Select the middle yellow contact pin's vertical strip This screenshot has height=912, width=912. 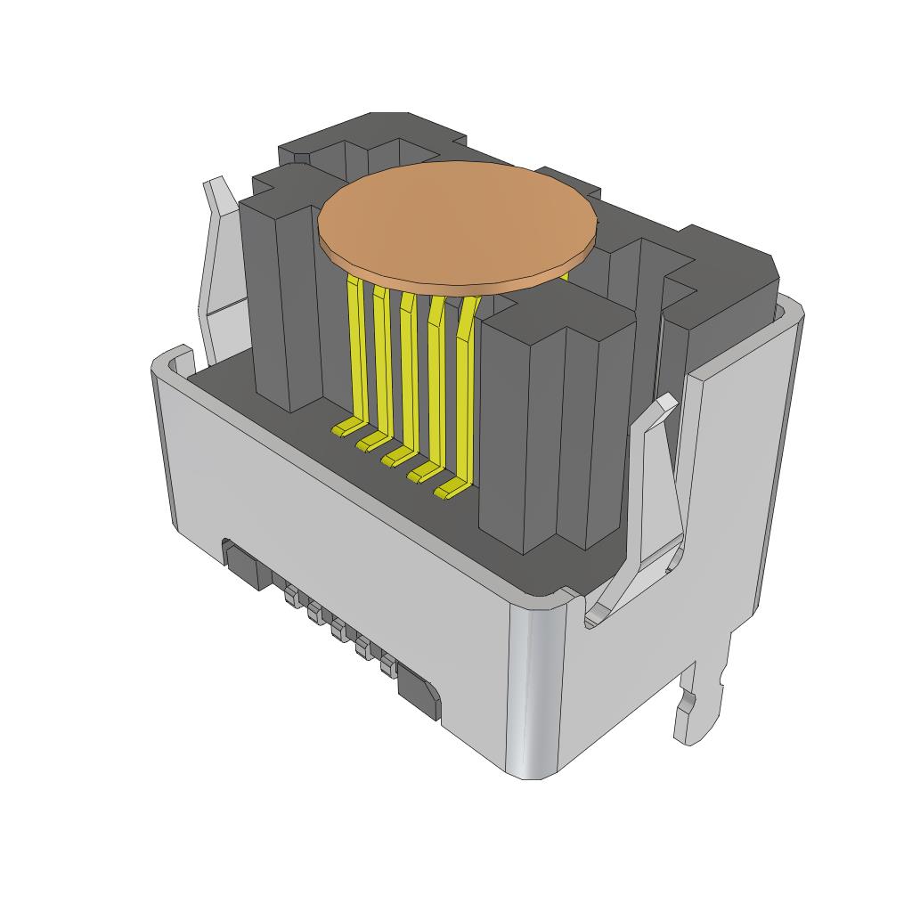(x=409, y=374)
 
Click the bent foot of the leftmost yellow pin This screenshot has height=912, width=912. (x=346, y=429)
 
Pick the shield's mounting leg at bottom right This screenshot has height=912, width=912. (x=699, y=704)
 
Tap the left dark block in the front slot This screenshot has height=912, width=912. (x=247, y=567)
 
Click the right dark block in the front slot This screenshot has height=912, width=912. (x=418, y=691)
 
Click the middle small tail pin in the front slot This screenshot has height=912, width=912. (x=339, y=631)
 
